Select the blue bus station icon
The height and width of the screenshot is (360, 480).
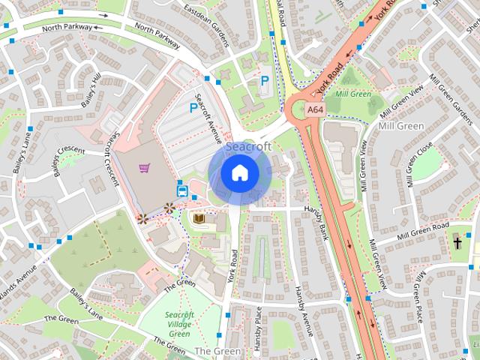[181, 188]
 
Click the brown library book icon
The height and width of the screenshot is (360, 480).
[199, 218]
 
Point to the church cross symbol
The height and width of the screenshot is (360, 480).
[457, 242]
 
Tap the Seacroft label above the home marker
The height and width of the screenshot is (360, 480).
[247, 147]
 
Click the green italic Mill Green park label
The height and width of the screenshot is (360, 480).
[353, 94]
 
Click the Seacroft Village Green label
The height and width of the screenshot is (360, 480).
[179, 324]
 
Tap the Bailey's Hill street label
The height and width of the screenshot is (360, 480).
[91, 91]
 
